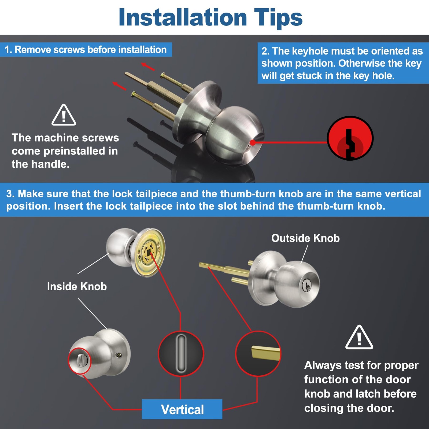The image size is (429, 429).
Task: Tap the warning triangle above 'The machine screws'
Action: coord(64,115)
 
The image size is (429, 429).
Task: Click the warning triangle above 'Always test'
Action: coord(359,338)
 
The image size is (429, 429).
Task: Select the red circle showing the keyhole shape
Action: coord(350,138)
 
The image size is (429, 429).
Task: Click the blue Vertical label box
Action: coord(182,409)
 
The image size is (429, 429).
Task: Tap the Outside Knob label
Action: coord(305,238)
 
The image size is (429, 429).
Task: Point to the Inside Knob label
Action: coord(77,286)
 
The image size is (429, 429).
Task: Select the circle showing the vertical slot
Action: coord(181,354)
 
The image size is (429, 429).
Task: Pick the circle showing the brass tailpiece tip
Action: coord(258,354)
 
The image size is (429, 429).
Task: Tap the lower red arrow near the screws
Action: coord(119,86)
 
